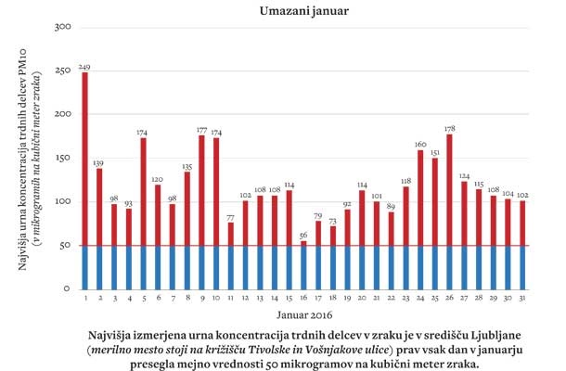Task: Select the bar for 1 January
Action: pos(84,181)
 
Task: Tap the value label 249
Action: pos(84,67)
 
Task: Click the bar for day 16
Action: pos(303,265)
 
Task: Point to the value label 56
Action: pos(303,236)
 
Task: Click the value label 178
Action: pos(449,129)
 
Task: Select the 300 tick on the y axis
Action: pos(64,27)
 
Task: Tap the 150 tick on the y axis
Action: pos(64,159)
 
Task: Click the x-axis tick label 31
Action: pos(522,299)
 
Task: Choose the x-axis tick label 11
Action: pos(230,299)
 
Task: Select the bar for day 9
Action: pos(201,212)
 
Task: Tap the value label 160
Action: pos(420,145)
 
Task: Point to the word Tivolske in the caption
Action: pos(302,349)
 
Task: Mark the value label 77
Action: pos(230,217)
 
